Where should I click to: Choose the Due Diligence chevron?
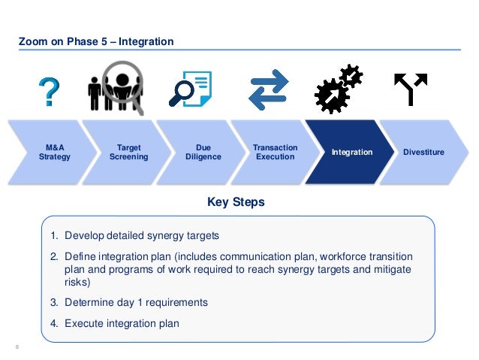204,153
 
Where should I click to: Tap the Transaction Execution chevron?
276,153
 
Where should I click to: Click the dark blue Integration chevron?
351,153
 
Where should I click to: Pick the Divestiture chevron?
425,153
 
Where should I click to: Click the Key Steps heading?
235,203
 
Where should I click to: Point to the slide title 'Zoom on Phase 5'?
96,41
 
